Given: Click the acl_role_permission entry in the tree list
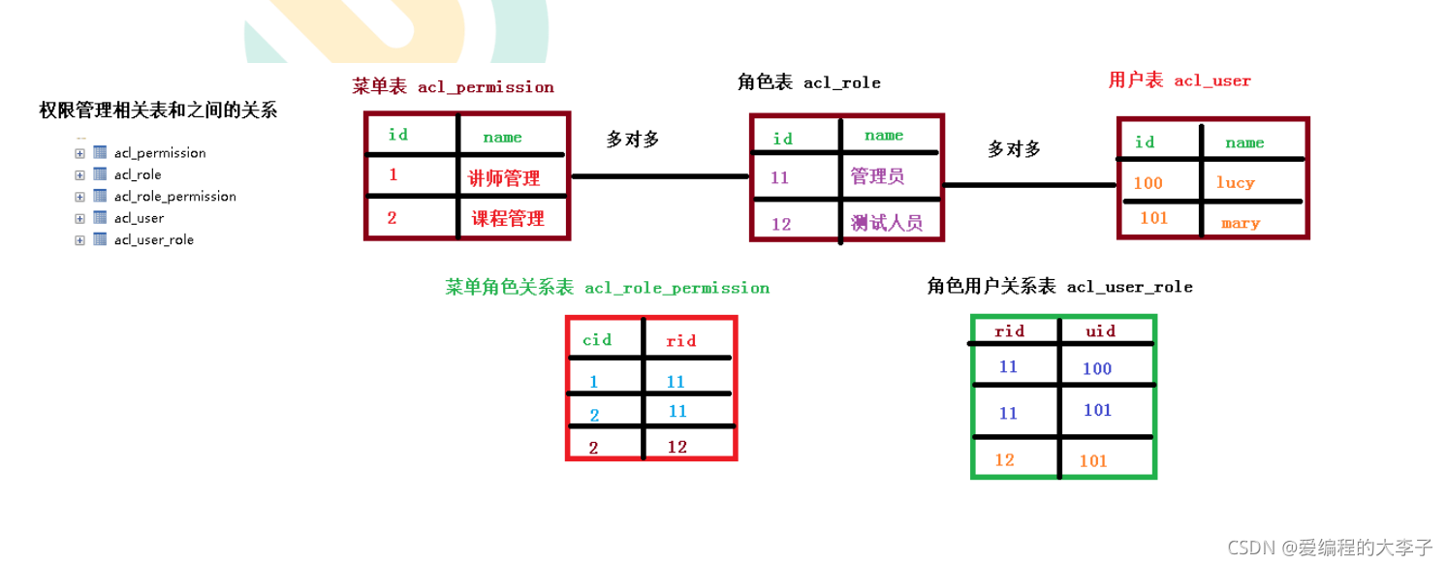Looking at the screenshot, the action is tap(174, 197).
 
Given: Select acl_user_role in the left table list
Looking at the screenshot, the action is tap(153, 240).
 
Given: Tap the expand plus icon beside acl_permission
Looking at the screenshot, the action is tap(79, 153).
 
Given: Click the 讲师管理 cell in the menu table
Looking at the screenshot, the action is tap(504, 178).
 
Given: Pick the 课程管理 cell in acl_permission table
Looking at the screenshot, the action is tap(507, 219).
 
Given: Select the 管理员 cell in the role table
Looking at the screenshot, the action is tap(877, 176).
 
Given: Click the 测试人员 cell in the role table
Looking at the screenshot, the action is tap(886, 224).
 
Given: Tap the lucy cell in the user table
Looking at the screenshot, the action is tap(1236, 182).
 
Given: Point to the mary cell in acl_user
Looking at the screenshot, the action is tap(1241, 224).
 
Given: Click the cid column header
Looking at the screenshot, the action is tap(597, 340).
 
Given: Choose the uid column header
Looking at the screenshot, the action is tap(1100, 331).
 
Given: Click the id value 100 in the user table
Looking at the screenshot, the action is tap(1148, 183).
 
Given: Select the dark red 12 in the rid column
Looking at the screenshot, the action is tap(677, 447).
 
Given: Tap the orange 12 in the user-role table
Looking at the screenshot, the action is tap(1004, 459).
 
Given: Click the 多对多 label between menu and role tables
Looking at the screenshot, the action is tap(633, 140).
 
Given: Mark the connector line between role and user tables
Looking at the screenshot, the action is tap(1029, 184).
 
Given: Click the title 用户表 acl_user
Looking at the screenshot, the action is tap(1180, 81).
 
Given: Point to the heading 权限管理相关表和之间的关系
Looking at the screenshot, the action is tap(158, 110).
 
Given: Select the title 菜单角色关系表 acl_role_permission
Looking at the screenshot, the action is tap(607, 288).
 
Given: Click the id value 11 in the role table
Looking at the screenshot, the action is tap(780, 178).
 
